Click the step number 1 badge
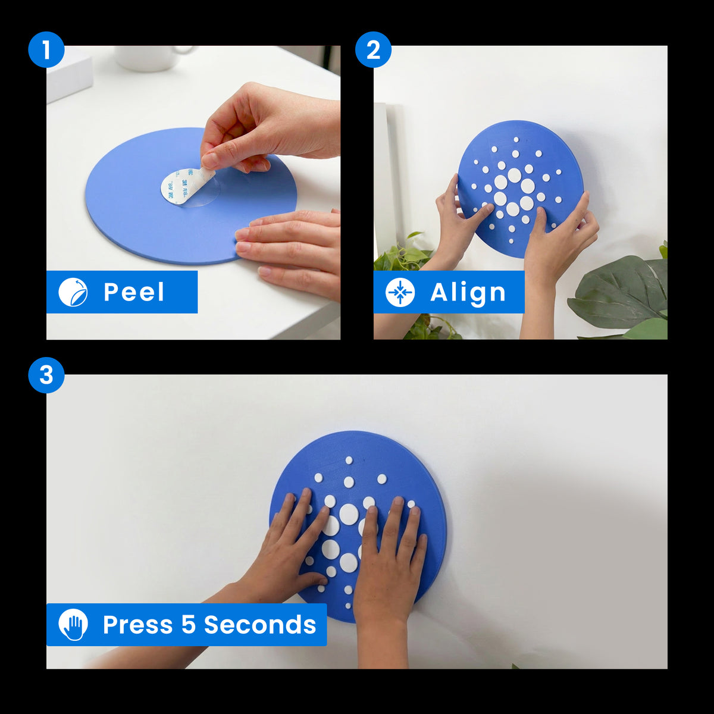46,49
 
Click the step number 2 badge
373,49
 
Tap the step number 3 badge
46,375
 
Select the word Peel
134,292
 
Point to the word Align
468,293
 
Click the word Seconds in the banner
260,625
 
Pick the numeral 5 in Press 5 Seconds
188,625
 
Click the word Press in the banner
138,625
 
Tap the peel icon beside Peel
73,292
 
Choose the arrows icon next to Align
400,292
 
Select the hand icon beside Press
73,625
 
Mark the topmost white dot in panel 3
349,460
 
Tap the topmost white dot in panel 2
516,140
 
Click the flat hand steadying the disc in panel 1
289,252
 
